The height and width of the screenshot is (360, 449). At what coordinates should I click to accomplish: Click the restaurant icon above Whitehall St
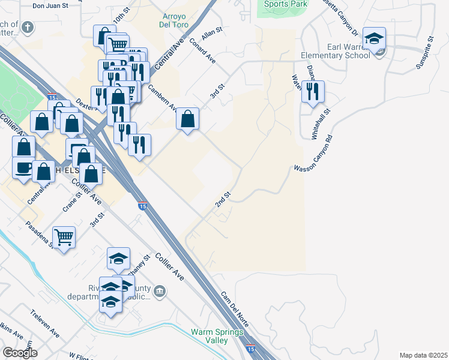coord(313,91)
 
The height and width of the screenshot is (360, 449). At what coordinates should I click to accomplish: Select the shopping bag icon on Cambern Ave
coord(188,119)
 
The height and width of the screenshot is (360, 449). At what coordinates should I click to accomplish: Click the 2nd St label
coord(223,200)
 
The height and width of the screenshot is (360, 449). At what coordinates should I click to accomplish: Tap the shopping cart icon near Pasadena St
coord(64,237)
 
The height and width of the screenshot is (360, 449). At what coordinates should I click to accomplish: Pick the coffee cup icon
coord(24,167)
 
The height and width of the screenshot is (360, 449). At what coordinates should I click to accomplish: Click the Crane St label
coord(71,203)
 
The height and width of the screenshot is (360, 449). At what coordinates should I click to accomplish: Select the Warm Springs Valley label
coord(217,336)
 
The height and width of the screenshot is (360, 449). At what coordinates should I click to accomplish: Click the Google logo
coord(20,353)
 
